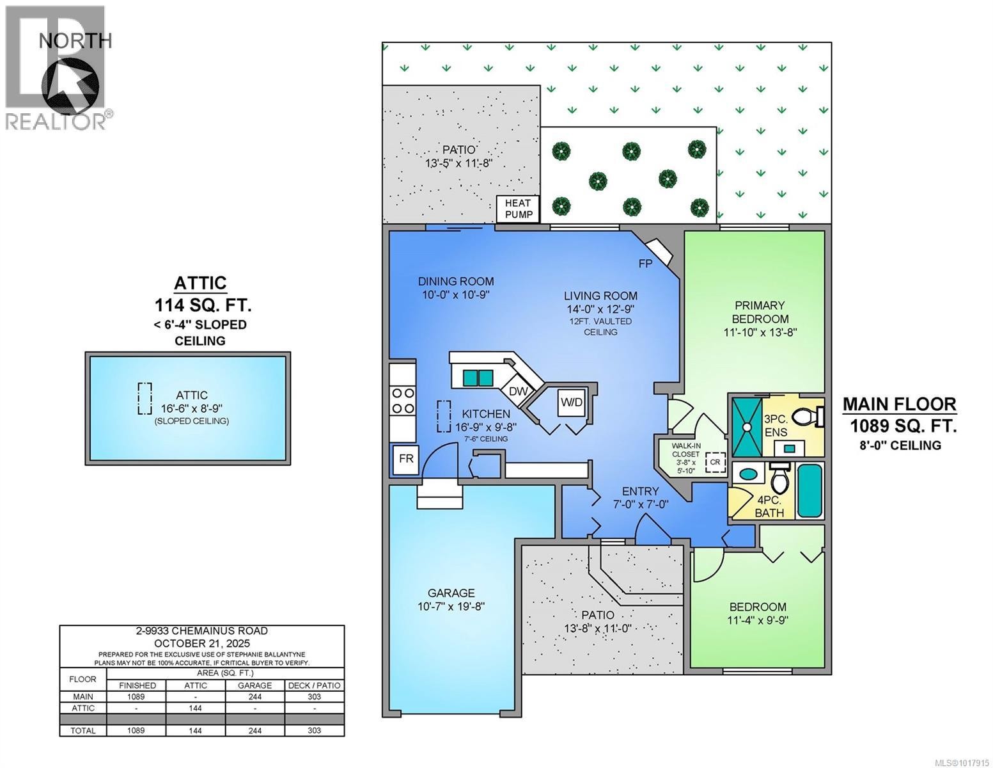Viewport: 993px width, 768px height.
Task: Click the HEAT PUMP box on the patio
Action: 519,209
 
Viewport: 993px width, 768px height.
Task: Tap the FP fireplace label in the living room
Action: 645,263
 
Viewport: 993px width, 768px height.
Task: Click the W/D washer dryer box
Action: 572,403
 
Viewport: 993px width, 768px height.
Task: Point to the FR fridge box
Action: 406,459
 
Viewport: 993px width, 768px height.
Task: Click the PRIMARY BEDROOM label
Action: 760,312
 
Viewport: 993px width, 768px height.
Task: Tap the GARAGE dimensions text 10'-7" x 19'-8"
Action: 451,606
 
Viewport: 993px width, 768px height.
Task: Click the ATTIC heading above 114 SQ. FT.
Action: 200,283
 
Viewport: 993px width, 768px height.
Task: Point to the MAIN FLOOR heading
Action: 899,404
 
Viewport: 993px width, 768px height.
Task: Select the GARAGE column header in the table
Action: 254,685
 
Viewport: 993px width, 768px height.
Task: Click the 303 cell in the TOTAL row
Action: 314,730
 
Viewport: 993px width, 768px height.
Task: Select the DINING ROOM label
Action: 456,281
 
